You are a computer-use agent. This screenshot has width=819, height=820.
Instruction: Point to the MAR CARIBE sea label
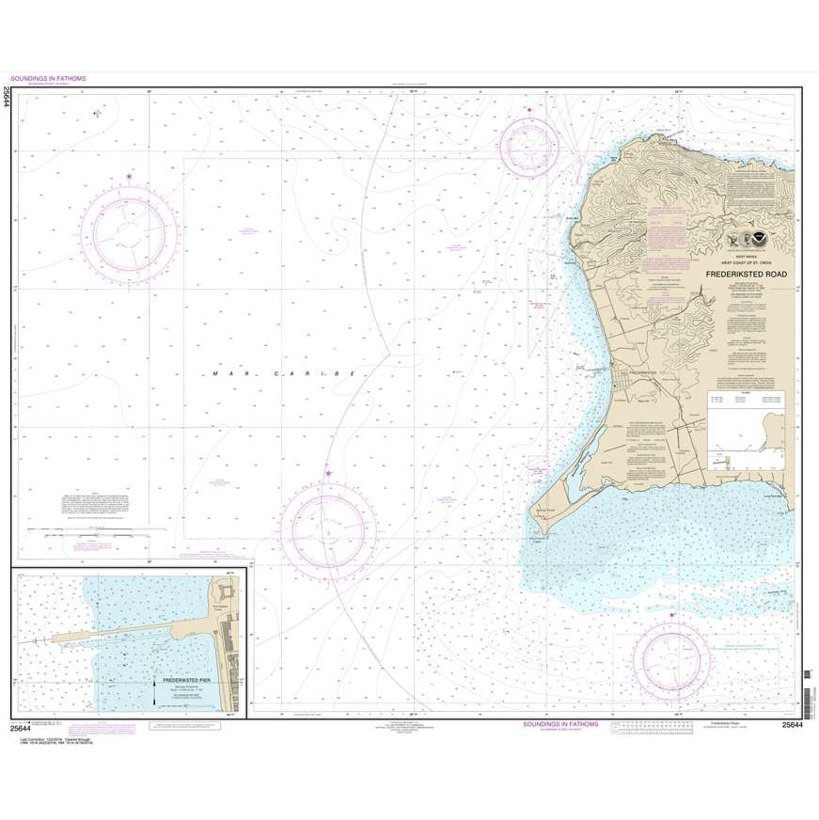(281, 374)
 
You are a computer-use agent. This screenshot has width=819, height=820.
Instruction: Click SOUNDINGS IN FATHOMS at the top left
(48, 79)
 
